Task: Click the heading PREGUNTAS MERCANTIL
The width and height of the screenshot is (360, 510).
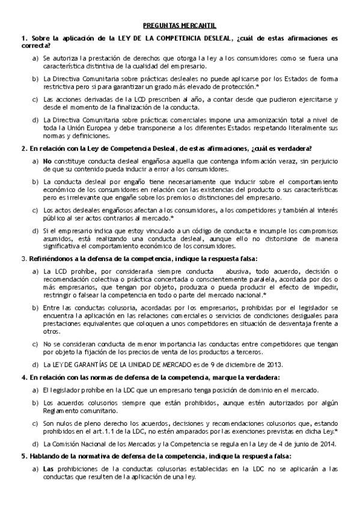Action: point(180,26)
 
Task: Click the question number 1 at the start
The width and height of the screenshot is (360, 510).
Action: point(23,38)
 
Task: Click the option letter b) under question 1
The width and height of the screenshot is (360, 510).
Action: point(35,78)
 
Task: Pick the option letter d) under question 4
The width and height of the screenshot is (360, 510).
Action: point(35,444)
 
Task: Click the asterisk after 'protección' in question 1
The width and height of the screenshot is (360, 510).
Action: point(257,85)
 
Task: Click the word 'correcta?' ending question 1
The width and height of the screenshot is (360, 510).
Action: point(35,45)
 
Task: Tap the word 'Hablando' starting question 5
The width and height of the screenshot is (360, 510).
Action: point(43,456)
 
